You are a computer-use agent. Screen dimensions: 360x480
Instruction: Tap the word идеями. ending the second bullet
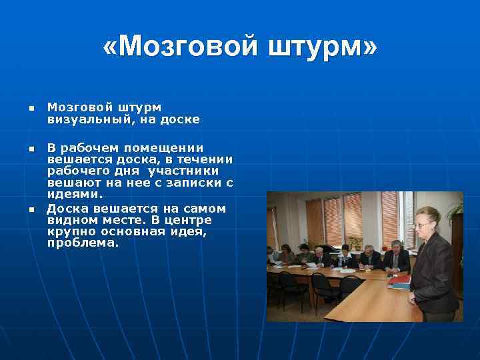75,194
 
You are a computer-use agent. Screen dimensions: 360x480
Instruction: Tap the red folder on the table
399,280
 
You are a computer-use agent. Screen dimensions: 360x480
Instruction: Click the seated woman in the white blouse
345,257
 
